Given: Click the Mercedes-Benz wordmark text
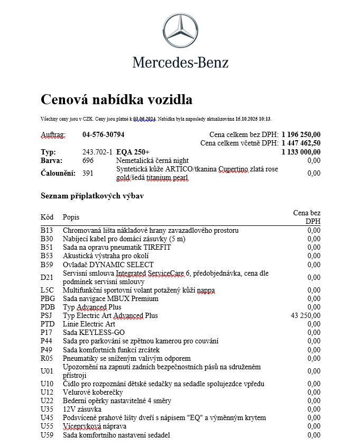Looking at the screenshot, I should (x=180, y=62).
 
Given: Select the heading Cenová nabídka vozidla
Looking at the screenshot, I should (x=116, y=99).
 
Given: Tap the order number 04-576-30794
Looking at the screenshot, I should (x=104, y=134).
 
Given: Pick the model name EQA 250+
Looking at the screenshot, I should (x=133, y=152).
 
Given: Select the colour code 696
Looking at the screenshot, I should (x=88, y=160).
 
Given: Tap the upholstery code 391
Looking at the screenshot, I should (x=88, y=173).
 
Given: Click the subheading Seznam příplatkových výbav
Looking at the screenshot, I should (x=92, y=196).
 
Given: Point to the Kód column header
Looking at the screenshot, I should (x=47, y=217).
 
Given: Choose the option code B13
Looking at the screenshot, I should (x=47, y=230).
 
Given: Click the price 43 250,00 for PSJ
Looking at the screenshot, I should (x=306, y=315).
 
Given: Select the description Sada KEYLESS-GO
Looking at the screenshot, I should (x=94, y=332).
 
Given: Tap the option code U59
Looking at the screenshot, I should (x=47, y=435).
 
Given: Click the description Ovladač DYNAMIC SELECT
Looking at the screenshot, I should (x=108, y=265).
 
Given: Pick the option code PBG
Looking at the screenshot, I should (x=48, y=298).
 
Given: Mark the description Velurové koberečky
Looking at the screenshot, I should (x=93, y=392).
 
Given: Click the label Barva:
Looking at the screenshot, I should (x=51, y=160).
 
